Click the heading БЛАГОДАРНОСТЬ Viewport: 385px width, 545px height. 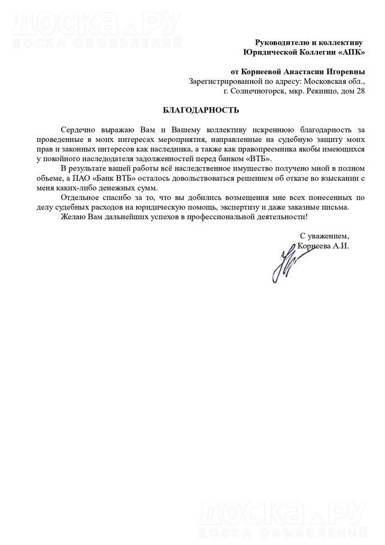[x=192, y=110]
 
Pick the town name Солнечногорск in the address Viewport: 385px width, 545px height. [x=250, y=91]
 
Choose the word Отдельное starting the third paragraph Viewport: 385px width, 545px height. [x=80, y=197]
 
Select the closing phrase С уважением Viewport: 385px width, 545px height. [x=323, y=236]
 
